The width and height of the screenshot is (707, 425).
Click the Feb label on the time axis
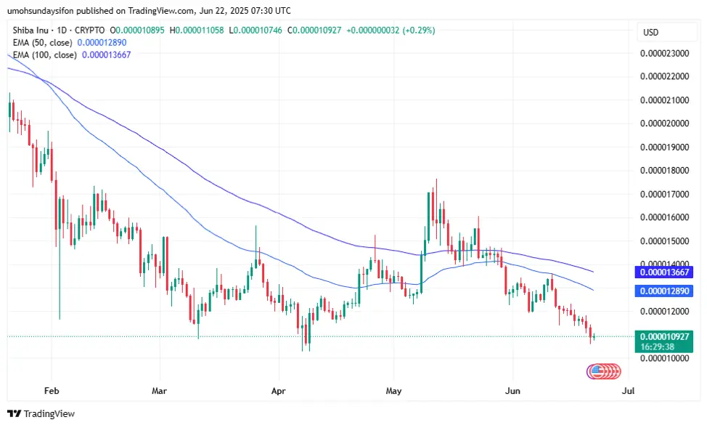(x=51, y=390)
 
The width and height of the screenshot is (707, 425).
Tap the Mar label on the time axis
(x=160, y=390)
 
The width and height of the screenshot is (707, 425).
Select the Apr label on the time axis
(x=278, y=390)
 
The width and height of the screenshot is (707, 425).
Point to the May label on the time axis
(x=393, y=390)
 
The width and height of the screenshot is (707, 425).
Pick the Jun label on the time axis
(x=512, y=390)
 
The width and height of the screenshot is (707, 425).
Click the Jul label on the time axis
(x=629, y=390)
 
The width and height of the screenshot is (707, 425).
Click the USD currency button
(x=651, y=33)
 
